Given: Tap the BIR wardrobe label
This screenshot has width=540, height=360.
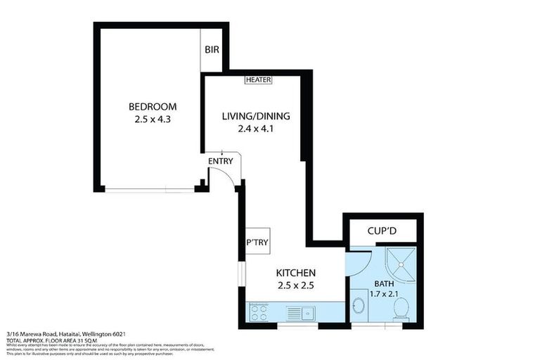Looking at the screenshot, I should tap(212, 50).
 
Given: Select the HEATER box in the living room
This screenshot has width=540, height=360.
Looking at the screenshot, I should tap(258, 80).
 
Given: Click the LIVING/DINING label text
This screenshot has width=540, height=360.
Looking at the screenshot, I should tap(256, 116).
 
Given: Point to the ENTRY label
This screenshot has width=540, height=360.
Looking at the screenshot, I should tap(220, 161).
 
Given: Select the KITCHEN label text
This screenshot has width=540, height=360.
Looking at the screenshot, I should tap(295, 273).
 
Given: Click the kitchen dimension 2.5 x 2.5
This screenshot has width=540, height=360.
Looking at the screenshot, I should tap(295, 285).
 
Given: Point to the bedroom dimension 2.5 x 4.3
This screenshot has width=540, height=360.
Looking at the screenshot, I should tap(153, 120).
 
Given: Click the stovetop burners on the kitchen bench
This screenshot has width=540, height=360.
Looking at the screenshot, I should tap(259, 311).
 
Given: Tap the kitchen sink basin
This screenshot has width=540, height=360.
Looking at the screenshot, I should tap(307, 311).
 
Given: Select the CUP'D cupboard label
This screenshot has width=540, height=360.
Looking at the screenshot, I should tap(383, 231).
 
